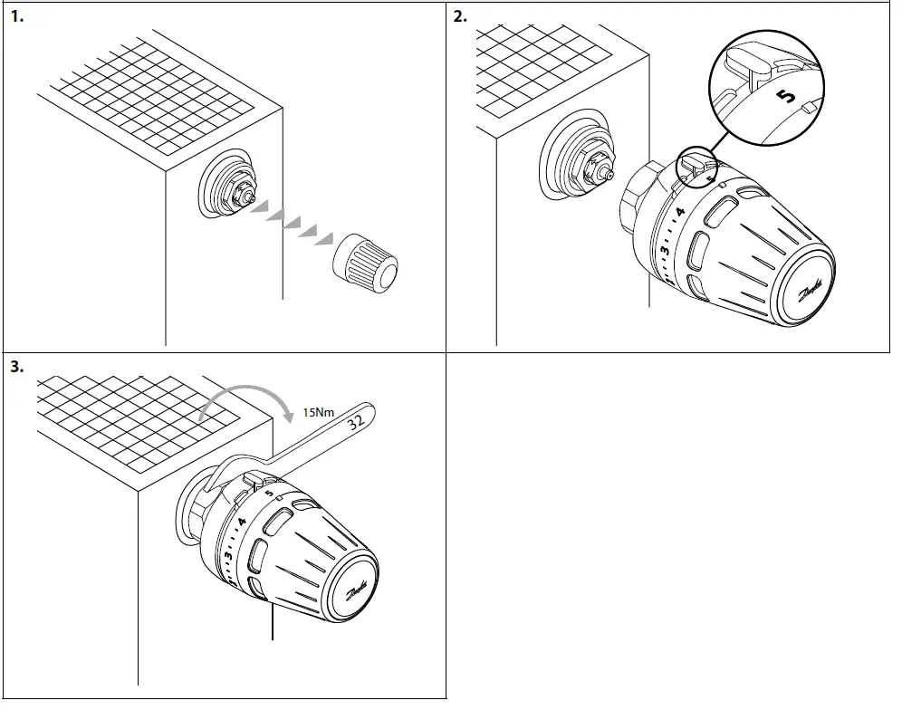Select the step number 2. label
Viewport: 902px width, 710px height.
point(461,16)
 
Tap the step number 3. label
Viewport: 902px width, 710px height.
point(15,367)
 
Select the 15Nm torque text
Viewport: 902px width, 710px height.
point(317,413)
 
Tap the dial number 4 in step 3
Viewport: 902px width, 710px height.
point(242,523)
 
